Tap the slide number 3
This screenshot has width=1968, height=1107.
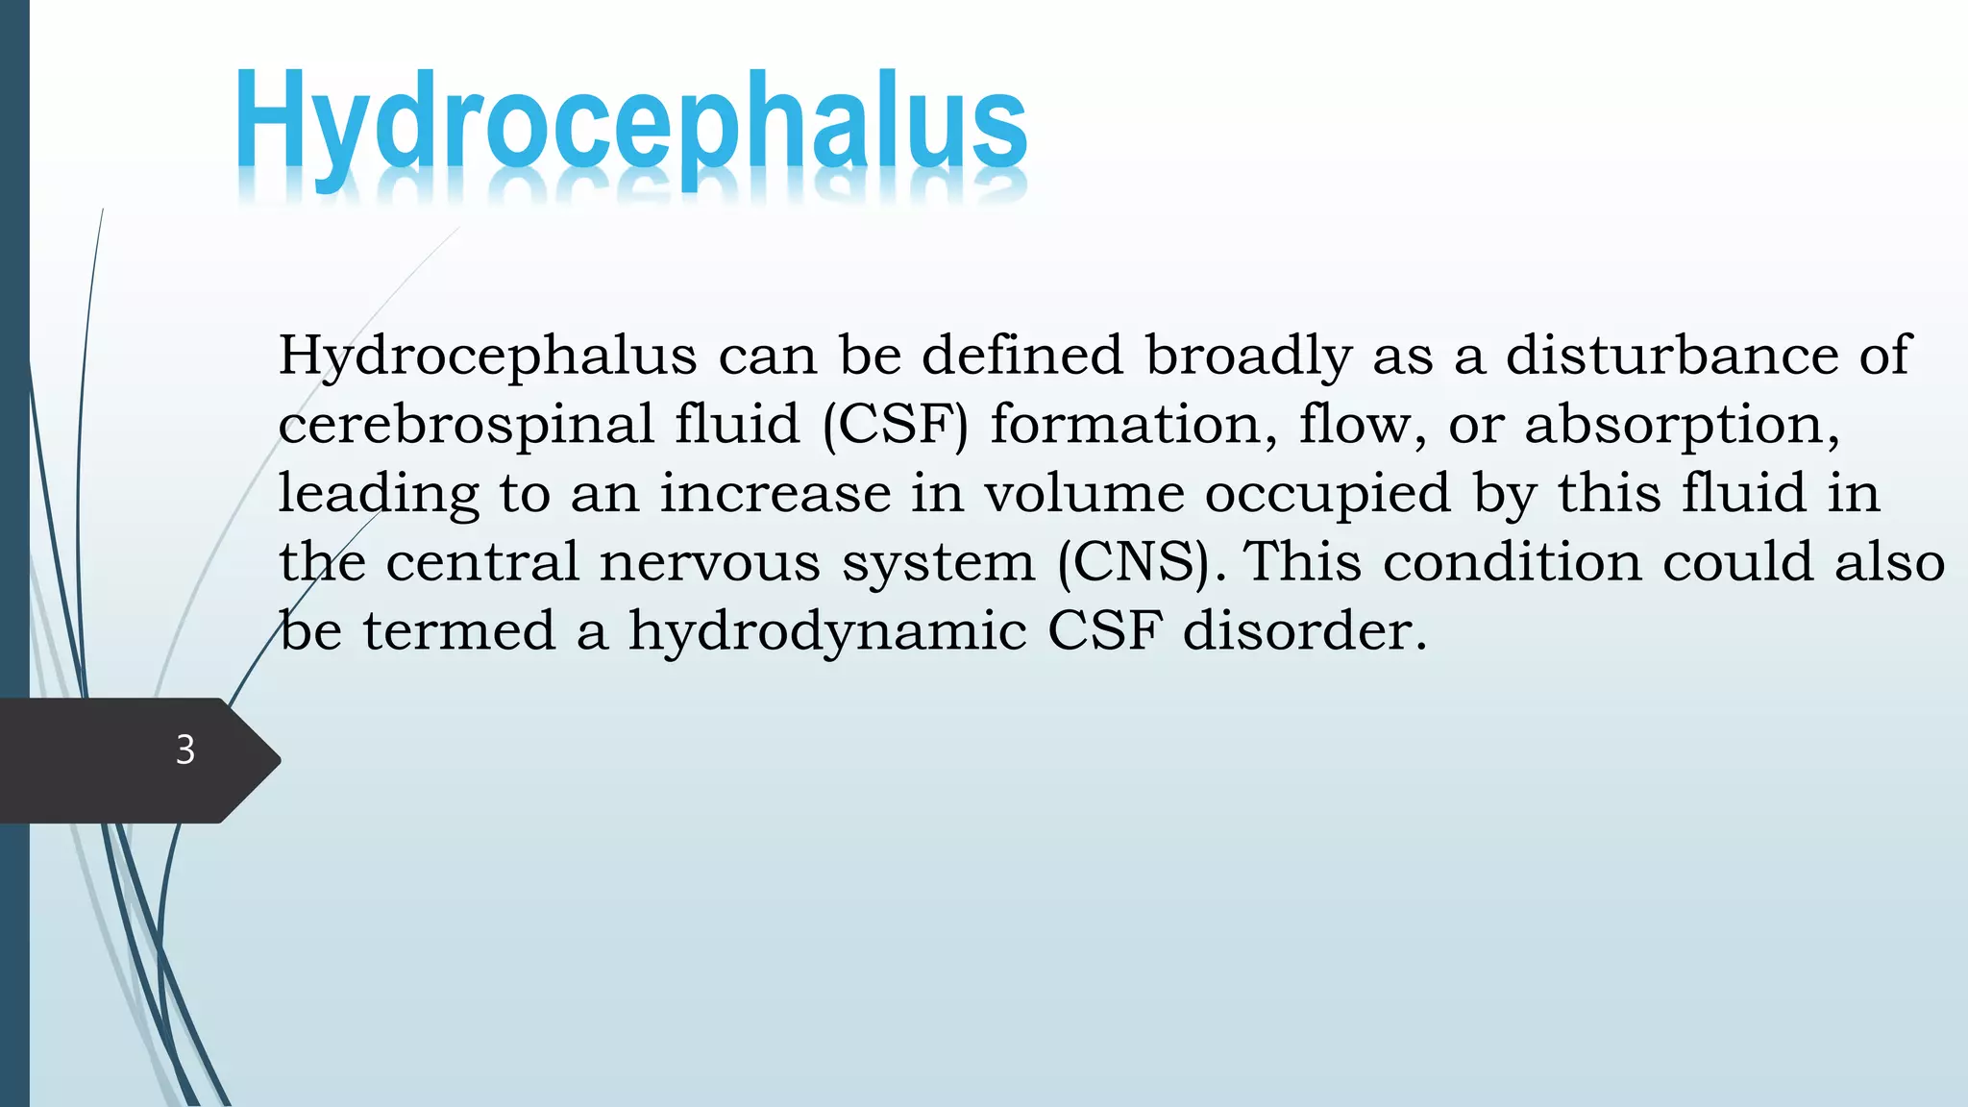[x=185, y=750]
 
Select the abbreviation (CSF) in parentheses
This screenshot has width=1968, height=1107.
[x=896, y=425]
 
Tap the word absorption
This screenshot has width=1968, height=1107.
[x=1681, y=425]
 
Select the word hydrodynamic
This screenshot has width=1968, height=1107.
[x=827, y=631]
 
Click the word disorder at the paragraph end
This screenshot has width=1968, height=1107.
[x=1304, y=631]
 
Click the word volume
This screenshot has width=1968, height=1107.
[x=1084, y=493]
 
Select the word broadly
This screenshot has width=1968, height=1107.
[x=1248, y=355]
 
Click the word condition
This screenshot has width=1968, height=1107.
[x=1512, y=561]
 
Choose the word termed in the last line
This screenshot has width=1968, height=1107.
[x=459, y=631]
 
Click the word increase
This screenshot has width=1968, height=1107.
[x=775, y=493]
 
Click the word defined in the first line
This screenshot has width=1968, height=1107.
[x=1022, y=355]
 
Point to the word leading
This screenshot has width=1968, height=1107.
[x=378, y=493]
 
